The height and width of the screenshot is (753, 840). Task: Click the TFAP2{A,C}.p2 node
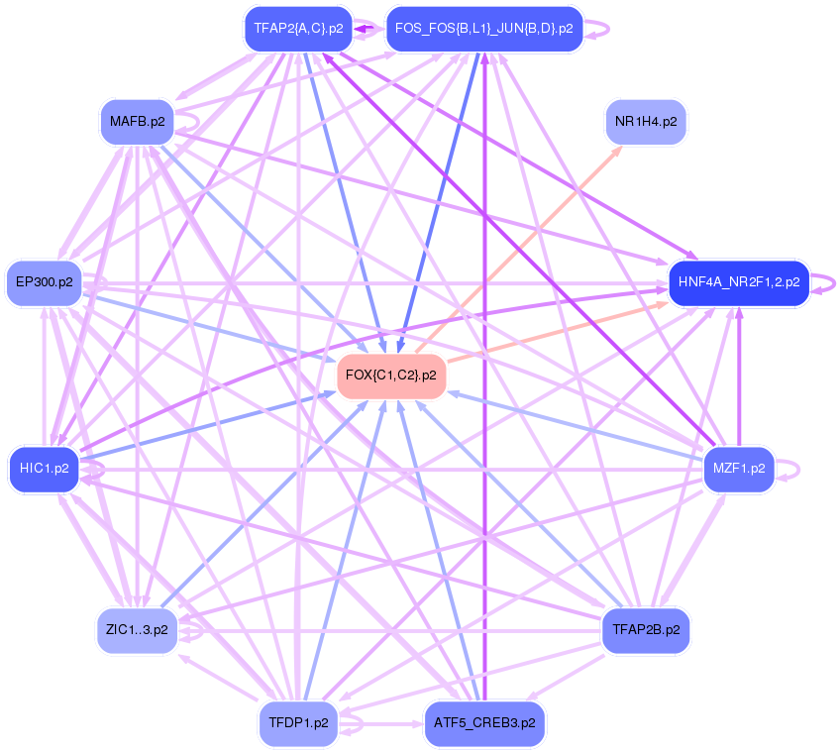298,29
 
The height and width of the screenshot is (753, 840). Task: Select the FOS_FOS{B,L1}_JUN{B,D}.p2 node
483,29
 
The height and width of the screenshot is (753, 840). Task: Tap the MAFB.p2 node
138,122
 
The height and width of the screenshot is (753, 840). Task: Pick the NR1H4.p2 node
646,122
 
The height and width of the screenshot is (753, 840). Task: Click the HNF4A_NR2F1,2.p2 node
739,282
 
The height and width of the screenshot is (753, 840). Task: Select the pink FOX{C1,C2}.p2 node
391,375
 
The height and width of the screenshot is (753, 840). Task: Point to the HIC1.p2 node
45,468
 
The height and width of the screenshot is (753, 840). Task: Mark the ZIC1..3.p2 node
137,629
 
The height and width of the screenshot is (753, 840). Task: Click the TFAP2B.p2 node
646,629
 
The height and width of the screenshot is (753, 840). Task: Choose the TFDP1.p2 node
298,722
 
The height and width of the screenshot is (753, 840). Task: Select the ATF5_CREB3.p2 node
484,722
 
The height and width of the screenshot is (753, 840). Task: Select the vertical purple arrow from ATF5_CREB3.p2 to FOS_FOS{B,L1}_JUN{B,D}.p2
484,396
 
